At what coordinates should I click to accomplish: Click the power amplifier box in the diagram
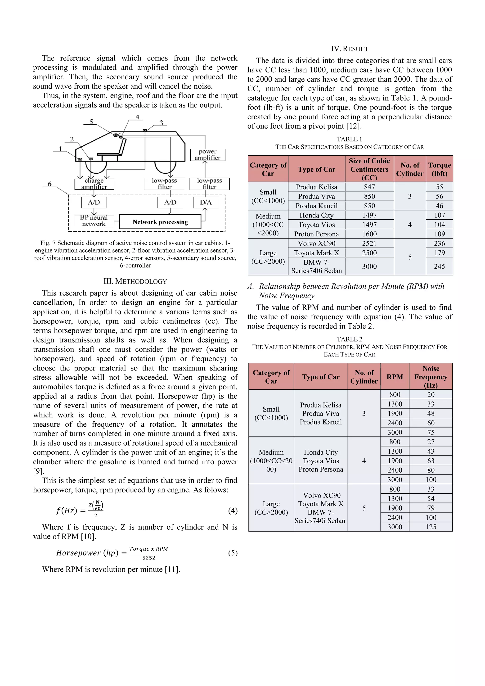click(207, 155)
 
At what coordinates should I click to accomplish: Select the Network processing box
click(160, 222)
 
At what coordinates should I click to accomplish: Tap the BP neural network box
click(94, 221)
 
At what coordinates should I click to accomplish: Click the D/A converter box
click(206, 202)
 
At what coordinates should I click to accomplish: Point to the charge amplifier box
click(94, 184)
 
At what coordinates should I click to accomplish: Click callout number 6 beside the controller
click(49, 184)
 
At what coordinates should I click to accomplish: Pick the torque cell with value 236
click(439, 244)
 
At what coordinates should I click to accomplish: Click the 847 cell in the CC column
click(369, 187)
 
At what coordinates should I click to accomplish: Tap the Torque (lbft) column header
click(439, 169)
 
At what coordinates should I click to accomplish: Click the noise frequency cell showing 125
click(431, 527)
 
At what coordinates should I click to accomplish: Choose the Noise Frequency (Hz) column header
click(431, 377)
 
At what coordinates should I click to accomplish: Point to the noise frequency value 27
click(431, 442)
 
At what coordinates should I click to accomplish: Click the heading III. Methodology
click(135, 281)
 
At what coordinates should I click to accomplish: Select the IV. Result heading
click(349, 49)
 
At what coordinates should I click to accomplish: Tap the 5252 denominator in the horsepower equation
click(149, 558)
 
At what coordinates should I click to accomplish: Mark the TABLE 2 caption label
click(349, 339)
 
